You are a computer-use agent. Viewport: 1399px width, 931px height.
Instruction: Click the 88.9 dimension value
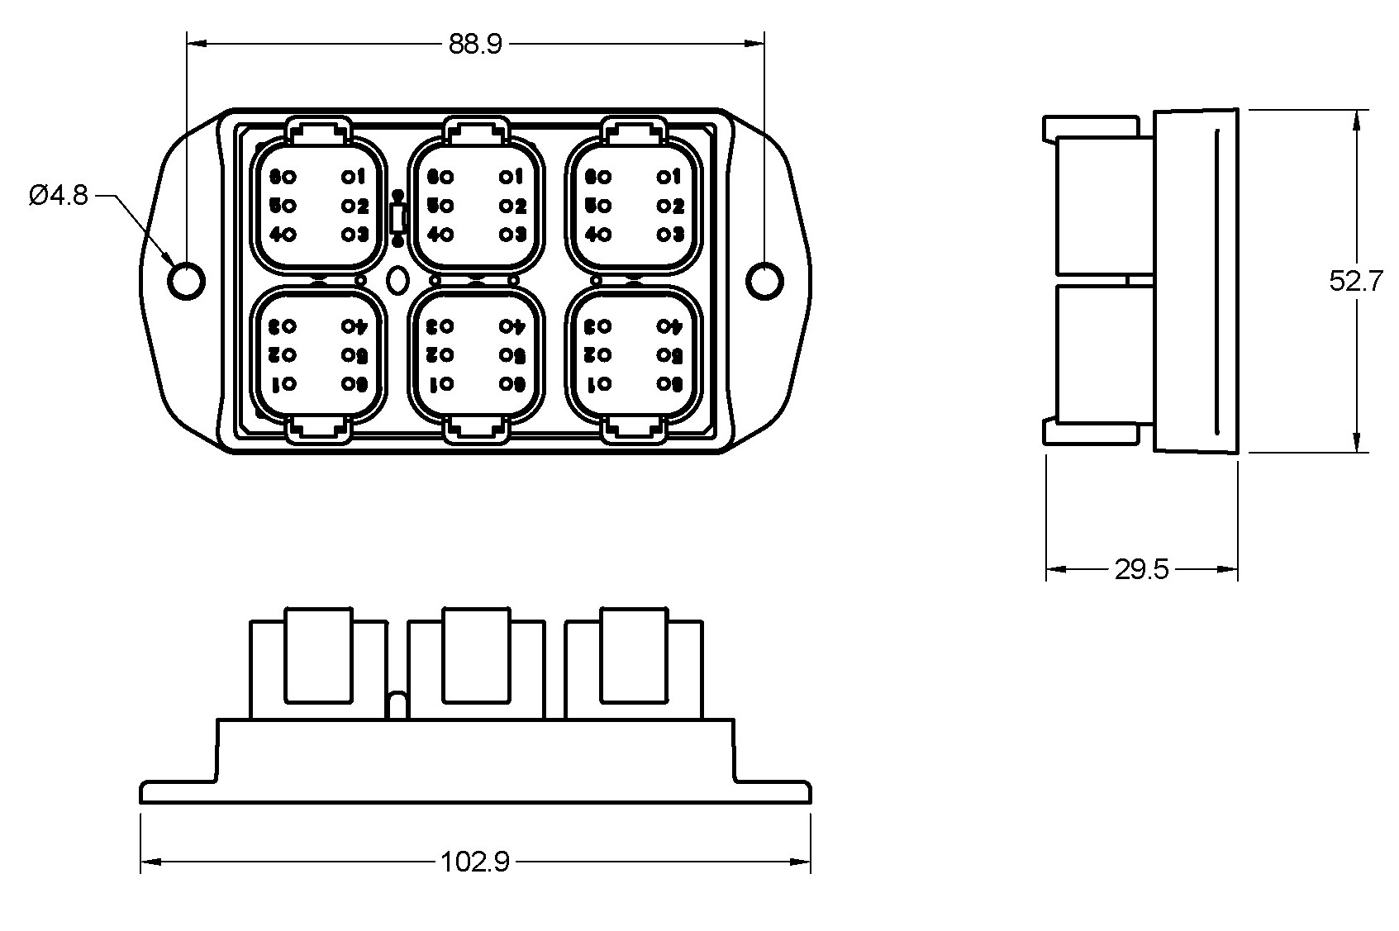click(474, 45)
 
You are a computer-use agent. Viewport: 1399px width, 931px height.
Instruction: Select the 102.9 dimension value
click(474, 862)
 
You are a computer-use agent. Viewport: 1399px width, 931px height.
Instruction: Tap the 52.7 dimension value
click(1356, 281)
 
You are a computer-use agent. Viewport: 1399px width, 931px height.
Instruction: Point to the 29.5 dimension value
click(1141, 569)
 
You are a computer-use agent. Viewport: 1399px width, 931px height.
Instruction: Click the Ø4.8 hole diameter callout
click(58, 196)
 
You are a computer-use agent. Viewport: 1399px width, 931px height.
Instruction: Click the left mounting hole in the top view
click(187, 281)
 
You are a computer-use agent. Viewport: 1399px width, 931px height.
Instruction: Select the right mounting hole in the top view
click(765, 281)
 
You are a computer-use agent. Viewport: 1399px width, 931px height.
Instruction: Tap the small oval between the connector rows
click(397, 280)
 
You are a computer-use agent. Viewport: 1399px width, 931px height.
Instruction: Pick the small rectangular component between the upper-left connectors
click(397, 219)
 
